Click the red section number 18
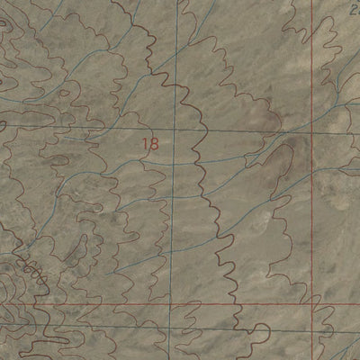pyautogui.click(x=149, y=142)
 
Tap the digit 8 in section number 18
pyautogui.click(x=154, y=142)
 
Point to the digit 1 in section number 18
pyautogui.click(x=145, y=142)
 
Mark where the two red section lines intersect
pyautogui.click(x=313, y=304)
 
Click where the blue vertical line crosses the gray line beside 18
pyautogui.click(x=176, y=130)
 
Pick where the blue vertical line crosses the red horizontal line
pyautogui.click(x=176, y=305)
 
